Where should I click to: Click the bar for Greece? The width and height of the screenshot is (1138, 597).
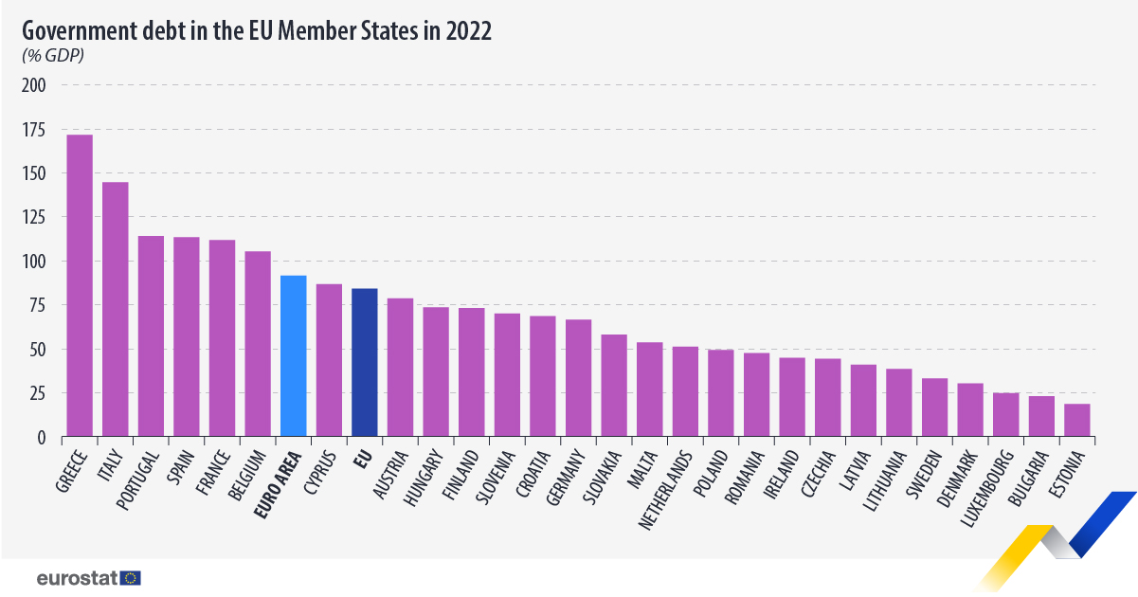click(x=80, y=285)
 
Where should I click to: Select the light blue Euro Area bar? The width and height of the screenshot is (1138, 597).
click(x=294, y=356)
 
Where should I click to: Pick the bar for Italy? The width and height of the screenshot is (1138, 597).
click(x=115, y=309)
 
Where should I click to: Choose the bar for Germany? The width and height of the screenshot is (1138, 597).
click(x=579, y=378)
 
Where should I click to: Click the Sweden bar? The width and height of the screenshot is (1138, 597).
click(x=935, y=407)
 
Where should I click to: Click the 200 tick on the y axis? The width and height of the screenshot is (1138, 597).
click(x=34, y=85)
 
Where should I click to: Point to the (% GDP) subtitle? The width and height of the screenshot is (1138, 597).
click(x=53, y=55)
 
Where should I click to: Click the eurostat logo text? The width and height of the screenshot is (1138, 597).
click(x=78, y=577)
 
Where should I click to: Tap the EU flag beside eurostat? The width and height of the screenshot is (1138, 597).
click(x=131, y=577)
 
